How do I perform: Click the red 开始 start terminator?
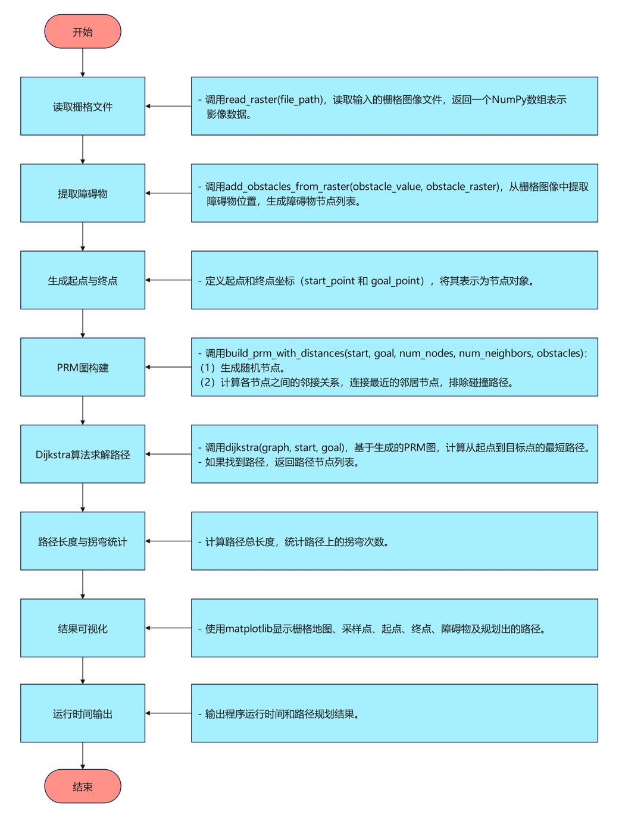(x=83, y=32)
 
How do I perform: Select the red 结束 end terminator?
(x=83, y=786)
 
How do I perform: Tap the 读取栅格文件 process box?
(x=83, y=106)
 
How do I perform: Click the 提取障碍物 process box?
(x=83, y=193)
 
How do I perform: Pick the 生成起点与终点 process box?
(x=83, y=280)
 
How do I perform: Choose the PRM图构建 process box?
(x=83, y=367)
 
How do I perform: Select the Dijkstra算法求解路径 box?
(x=83, y=454)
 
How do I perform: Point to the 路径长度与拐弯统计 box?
(x=83, y=541)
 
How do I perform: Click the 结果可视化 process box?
(x=83, y=628)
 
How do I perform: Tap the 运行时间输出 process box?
(x=83, y=713)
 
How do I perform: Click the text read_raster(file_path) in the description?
(x=274, y=100)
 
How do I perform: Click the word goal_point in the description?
(x=396, y=281)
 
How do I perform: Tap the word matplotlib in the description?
(x=249, y=629)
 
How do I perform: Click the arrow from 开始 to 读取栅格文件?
(x=83, y=62)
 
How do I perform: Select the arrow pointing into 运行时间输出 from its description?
(x=168, y=713)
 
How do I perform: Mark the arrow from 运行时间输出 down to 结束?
(x=83, y=756)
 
